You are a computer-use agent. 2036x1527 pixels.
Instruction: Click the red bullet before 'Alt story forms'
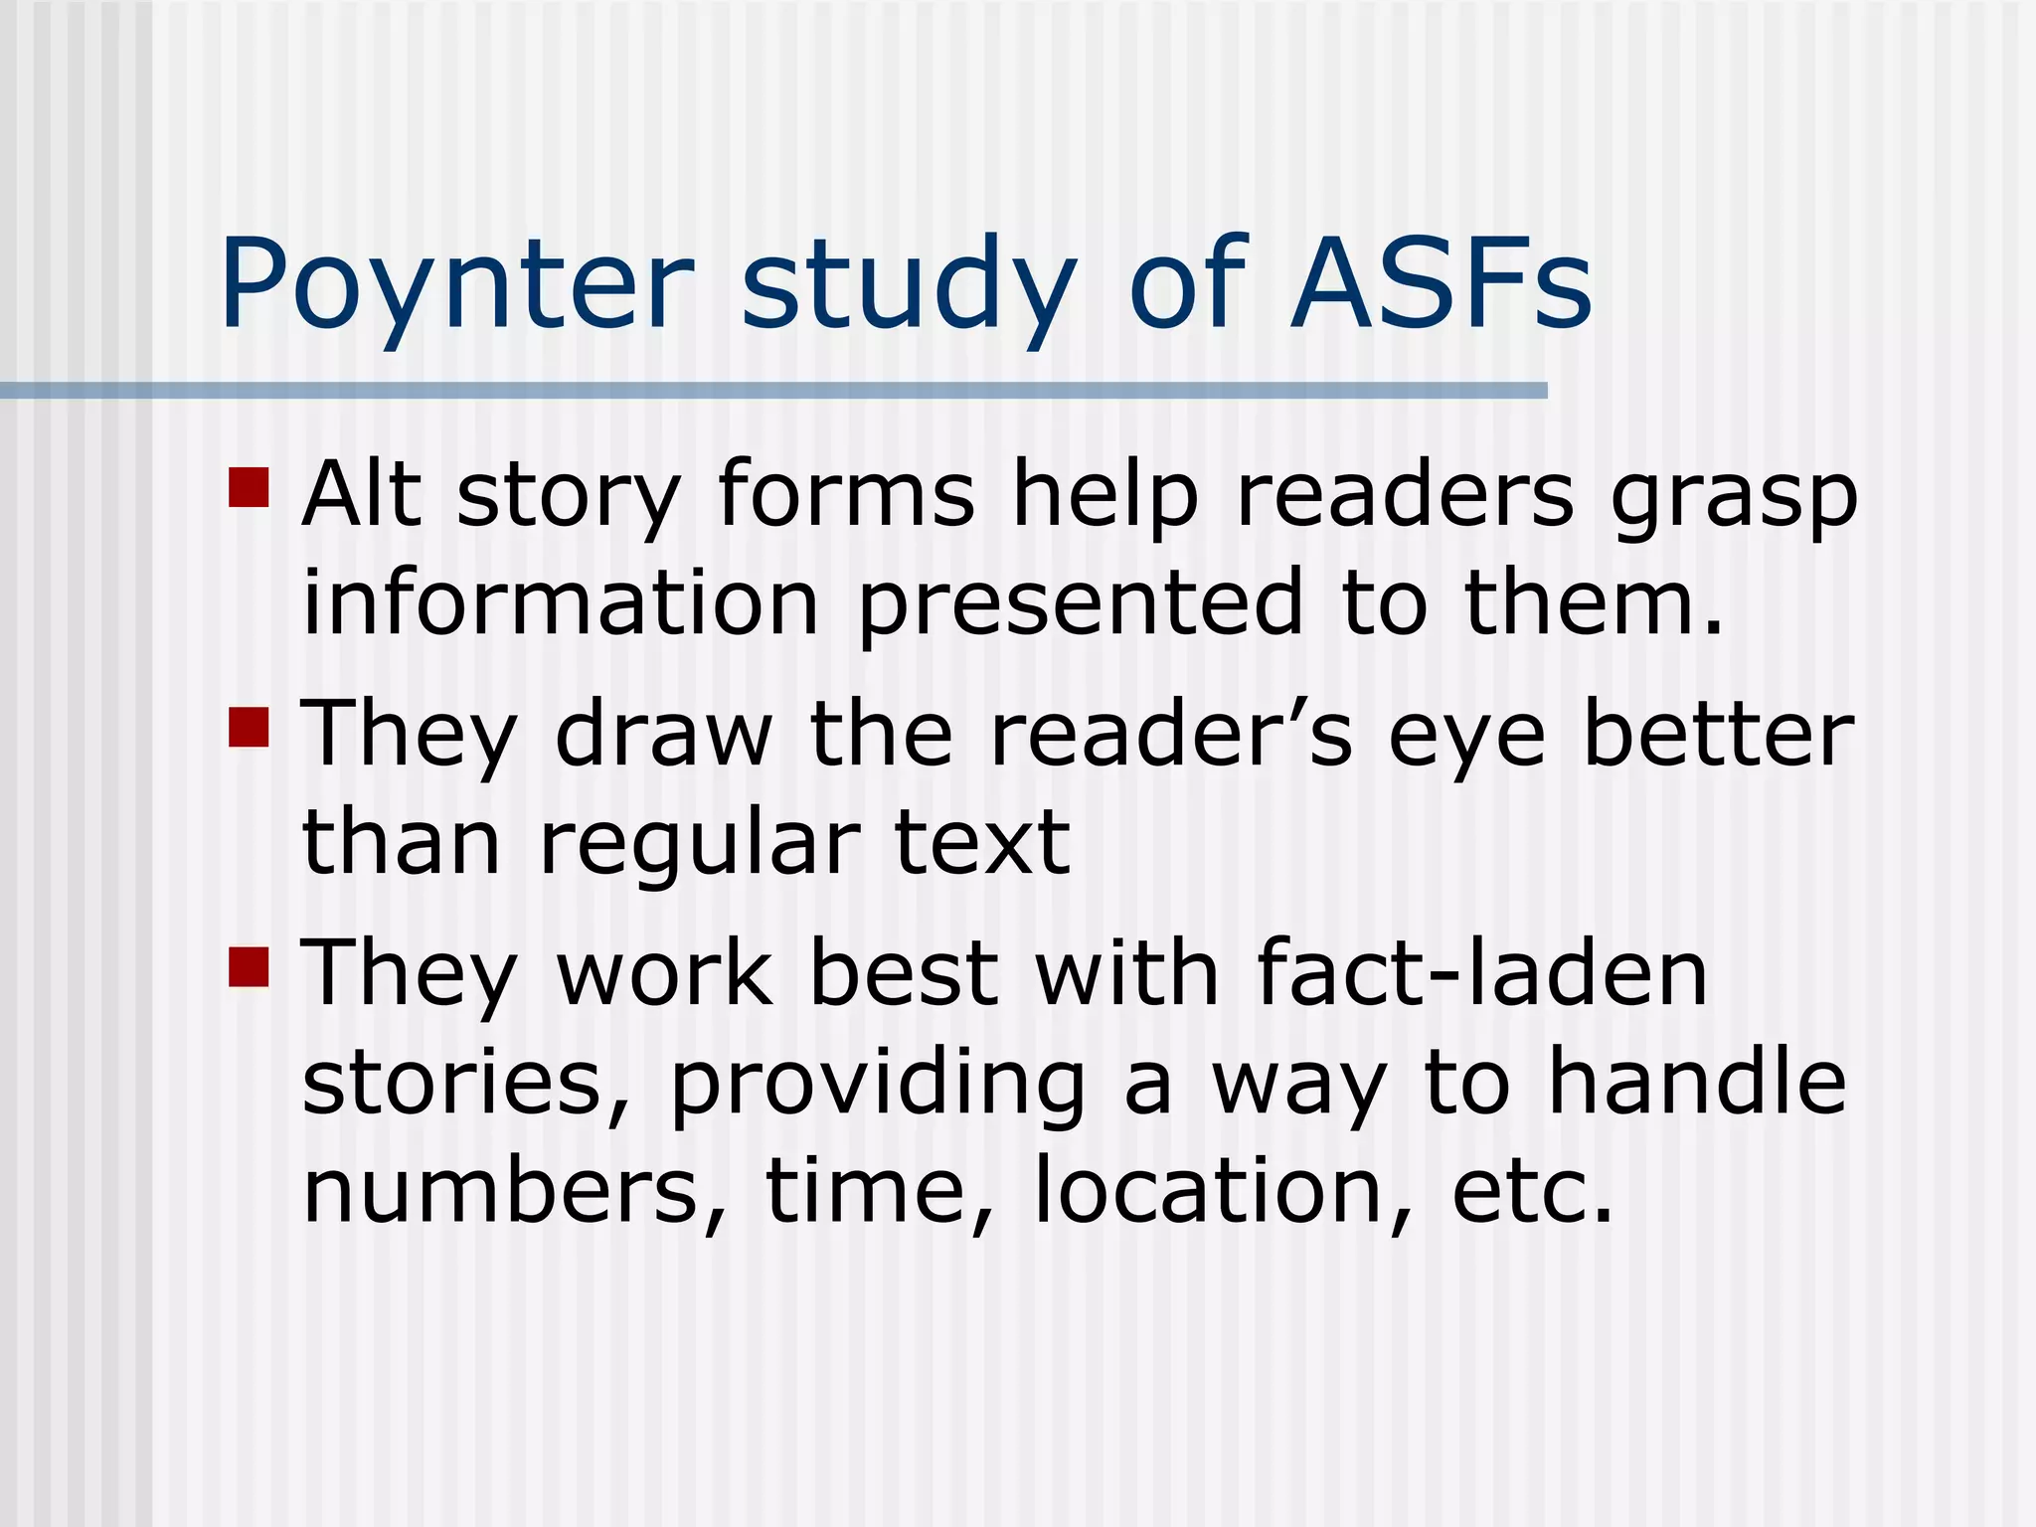pos(249,487)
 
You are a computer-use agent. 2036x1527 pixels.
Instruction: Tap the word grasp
pos(1734,496)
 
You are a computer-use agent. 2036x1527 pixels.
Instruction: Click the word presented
pos(1080,603)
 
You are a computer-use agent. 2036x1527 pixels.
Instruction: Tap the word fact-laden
pos(1481,973)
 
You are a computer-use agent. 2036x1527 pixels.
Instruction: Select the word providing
pos(877,1084)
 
